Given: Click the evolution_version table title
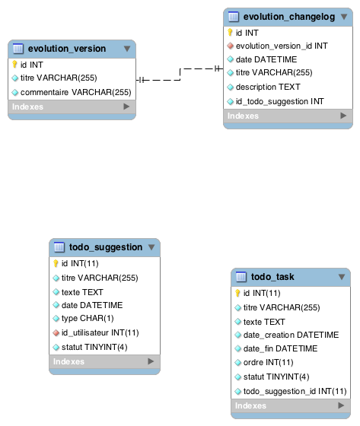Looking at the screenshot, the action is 67,49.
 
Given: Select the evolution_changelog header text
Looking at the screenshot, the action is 289,17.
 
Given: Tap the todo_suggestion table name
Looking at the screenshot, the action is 106,247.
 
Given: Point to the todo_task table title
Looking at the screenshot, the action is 272,277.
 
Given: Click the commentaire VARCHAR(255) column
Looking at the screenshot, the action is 76,92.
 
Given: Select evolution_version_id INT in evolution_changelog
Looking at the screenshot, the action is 282,46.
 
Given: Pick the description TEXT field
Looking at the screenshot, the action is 268,87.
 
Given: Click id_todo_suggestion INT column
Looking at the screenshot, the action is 280,102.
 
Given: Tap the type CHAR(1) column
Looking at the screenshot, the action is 88,319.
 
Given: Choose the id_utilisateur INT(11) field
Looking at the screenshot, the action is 100,332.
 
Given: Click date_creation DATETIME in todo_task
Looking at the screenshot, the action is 291,335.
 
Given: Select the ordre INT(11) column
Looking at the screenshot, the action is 268,362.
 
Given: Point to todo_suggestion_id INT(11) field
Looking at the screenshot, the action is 295,391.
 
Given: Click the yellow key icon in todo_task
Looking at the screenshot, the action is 237,293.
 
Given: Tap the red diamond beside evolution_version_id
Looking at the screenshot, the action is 231,46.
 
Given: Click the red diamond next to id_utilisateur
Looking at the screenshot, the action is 56,333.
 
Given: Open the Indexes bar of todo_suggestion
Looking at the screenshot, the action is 105,361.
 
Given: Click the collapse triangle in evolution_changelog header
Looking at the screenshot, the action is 344,17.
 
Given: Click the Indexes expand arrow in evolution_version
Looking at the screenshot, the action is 126,106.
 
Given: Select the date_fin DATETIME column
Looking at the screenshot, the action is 280,348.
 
